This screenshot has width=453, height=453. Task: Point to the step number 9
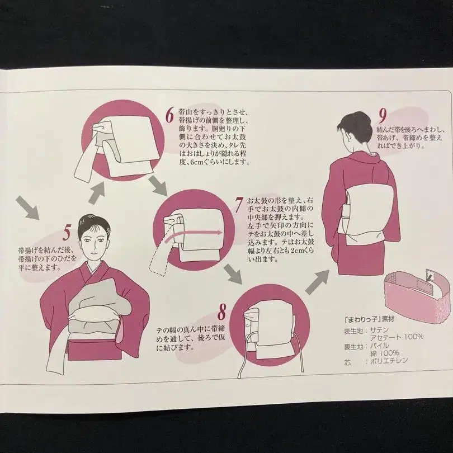click(383, 116)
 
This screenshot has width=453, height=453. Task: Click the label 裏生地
click(353, 346)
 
